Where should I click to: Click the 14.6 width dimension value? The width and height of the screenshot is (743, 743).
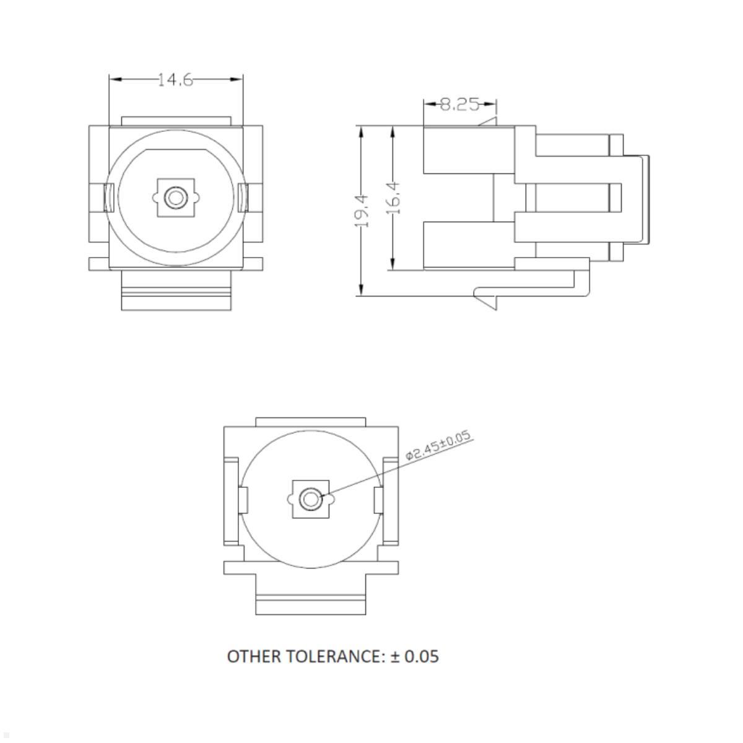click(x=175, y=80)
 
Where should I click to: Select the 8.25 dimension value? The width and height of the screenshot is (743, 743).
click(x=459, y=105)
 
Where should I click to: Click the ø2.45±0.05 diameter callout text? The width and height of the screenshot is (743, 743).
click(x=439, y=446)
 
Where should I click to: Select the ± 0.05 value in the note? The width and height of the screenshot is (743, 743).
click(x=414, y=656)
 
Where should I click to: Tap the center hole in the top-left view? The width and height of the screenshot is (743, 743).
click(x=176, y=198)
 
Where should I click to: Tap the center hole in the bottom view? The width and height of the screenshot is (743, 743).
click(x=310, y=499)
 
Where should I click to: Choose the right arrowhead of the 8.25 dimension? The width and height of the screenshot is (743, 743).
click(x=491, y=105)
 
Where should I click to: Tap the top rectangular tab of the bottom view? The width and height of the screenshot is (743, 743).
click(x=310, y=422)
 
